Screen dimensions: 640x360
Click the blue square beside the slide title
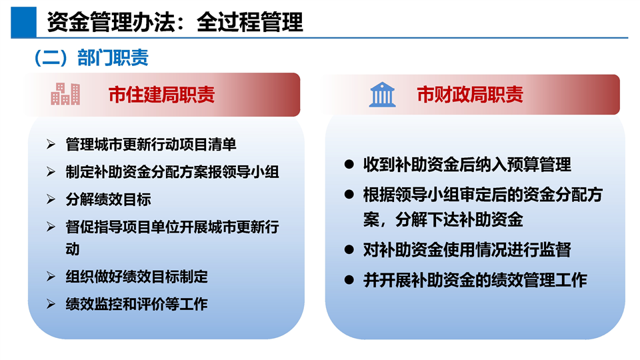click(x=24, y=22)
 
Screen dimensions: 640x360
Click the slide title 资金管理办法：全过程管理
click(x=175, y=22)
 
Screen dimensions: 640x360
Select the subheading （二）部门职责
click(x=91, y=57)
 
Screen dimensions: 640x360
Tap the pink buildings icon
click(x=65, y=94)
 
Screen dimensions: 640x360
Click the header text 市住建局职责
click(x=161, y=95)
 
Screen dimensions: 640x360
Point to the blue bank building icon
click(x=382, y=95)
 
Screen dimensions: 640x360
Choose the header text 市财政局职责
click(x=470, y=95)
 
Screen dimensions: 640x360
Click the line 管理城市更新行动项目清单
click(x=151, y=145)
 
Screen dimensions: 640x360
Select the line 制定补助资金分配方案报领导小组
click(x=172, y=172)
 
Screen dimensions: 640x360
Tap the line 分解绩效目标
click(x=108, y=199)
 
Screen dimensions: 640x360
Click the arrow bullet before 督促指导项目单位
click(x=51, y=227)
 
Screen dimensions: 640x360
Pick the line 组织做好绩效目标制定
click(x=137, y=277)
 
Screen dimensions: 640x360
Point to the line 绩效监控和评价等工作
click(x=137, y=304)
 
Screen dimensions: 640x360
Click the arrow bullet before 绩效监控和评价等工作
click(x=51, y=304)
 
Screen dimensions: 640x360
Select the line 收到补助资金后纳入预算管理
click(x=467, y=165)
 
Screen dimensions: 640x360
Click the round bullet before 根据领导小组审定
click(x=349, y=194)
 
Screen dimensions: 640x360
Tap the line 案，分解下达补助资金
click(x=443, y=219)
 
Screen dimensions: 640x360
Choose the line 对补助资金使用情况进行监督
click(x=467, y=250)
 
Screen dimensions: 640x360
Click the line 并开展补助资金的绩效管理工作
click(x=475, y=280)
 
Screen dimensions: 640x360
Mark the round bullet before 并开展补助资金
click(x=349, y=280)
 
